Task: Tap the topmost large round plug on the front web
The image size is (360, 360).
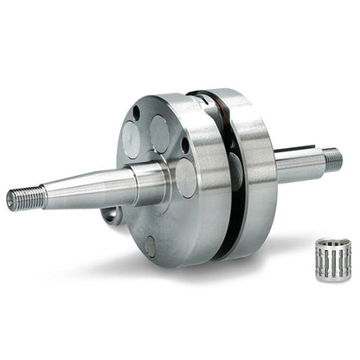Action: pyautogui.click(x=159, y=132)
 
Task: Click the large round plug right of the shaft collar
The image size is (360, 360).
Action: pyautogui.click(x=184, y=177)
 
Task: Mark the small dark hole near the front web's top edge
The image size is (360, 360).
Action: pyautogui.click(x=136, y=113)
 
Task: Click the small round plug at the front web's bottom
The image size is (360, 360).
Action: pyautogui.click(x=151, y=246)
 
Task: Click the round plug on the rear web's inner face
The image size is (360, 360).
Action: pyautogui.click(x=235, y=169)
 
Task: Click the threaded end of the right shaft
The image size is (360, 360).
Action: pyautogui.click(x=331, y=159)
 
